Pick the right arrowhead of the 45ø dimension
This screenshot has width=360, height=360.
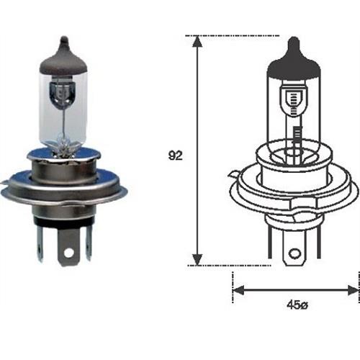tap(351, 290)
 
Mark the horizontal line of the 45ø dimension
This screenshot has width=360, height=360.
tap(295, 290)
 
